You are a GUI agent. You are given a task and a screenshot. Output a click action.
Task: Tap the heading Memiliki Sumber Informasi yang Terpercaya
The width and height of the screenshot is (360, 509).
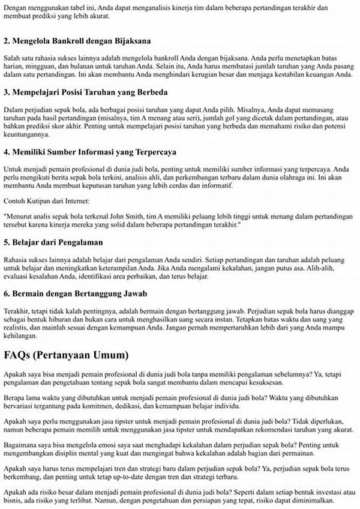point(98,152)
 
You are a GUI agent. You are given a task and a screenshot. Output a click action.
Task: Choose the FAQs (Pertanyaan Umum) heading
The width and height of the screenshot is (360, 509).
point(67,354)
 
